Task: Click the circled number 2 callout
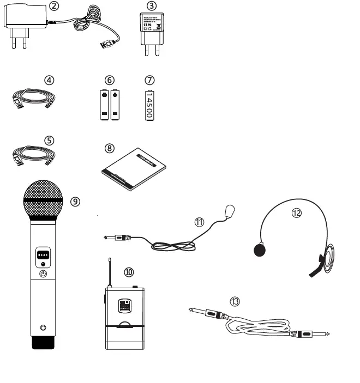point(53,6)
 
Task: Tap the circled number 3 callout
point(152,6)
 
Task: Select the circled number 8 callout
point(110,148)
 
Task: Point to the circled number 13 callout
point(235,300)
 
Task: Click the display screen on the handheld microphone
point(44,255)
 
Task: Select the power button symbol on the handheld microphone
point(44,275)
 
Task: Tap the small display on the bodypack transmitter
point(124,306)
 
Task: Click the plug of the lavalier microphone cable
point(117,238)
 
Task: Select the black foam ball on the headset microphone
point(260,250)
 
